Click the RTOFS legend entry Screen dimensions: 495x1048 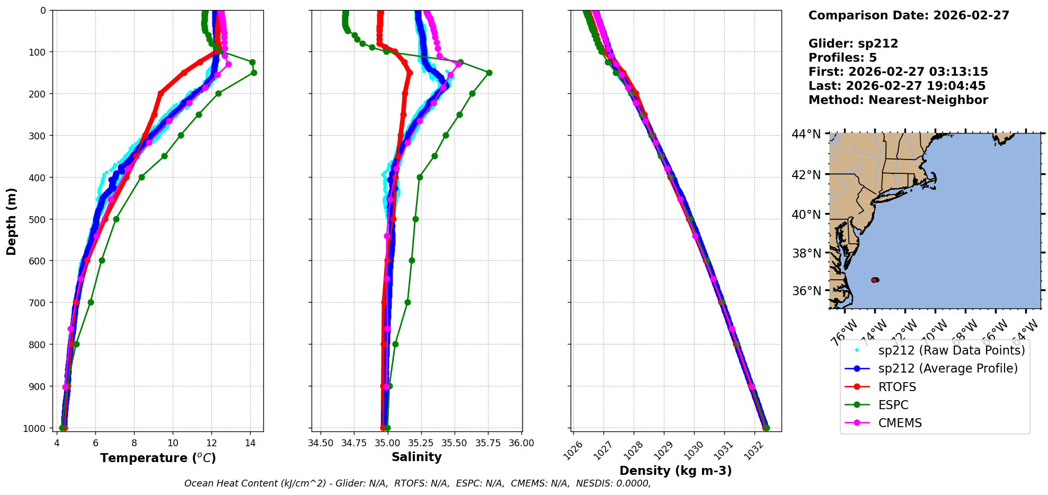coord(897,387)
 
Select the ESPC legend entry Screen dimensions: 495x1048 coord(893,405)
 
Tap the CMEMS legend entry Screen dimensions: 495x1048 coord(900,423)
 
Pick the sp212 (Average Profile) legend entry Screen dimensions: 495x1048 coord(948,369)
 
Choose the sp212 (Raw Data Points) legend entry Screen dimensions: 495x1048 coord(951,350)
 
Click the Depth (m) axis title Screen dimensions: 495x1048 coord(12,221)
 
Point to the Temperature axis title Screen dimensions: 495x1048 coord(158,458)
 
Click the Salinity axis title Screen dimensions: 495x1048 coord(416,457)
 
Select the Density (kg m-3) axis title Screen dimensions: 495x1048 coord(676,471)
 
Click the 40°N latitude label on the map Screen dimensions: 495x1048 coord(806,215)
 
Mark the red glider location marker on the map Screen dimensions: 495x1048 coord(875,280)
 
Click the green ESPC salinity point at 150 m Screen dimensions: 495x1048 coord(489,73)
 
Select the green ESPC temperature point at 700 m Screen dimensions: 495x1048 coord(91,303)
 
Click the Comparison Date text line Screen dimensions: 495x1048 coord(909,15)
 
